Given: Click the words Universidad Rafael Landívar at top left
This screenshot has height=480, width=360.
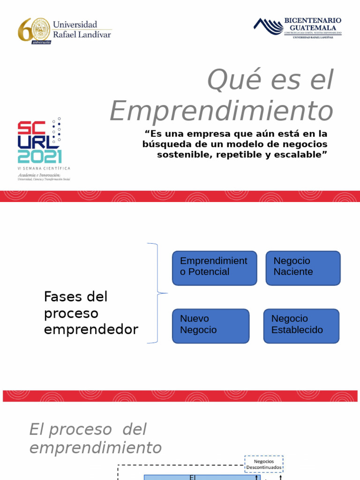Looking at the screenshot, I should [82, 29].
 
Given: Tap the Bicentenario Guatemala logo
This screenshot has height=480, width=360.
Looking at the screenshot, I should [298, 28].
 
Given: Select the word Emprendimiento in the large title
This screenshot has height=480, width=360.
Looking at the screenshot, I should [221, 112].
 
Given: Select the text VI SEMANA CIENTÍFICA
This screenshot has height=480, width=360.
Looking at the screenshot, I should [44, 168].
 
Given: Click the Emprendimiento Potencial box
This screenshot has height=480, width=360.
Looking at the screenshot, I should [214, 268].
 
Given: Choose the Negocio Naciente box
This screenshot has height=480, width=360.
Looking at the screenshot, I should [303, 268].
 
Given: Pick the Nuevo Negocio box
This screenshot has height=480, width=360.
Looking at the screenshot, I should [210, 326].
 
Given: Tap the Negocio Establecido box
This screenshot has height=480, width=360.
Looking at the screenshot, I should [301, 326].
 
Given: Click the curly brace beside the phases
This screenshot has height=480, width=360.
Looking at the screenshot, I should [155, 293].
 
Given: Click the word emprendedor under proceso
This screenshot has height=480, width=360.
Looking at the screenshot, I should [91, 330].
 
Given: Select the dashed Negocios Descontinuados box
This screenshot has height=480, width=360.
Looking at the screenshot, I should [263, 464].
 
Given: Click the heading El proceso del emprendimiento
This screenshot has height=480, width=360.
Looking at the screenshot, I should [95, 438].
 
